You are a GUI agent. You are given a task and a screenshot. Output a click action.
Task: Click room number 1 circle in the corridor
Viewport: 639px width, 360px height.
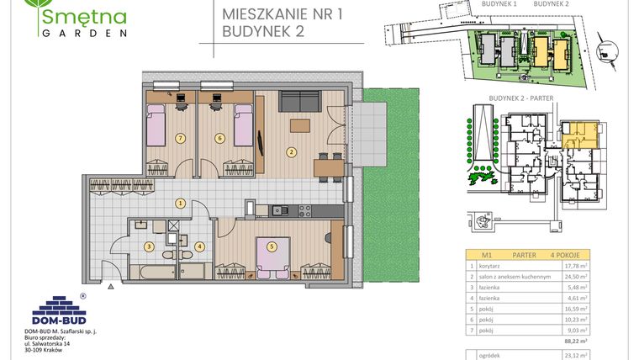pos(179,203)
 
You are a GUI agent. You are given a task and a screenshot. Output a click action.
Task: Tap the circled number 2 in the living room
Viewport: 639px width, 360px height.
pos(291,152)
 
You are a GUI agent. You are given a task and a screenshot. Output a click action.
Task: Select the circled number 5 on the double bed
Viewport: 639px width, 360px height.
pos(272,246)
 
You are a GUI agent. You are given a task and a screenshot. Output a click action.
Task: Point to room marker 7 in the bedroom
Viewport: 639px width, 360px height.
pos(179,138)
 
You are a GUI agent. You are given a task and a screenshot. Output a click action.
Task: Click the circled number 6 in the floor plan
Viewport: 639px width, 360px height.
pos(219,138)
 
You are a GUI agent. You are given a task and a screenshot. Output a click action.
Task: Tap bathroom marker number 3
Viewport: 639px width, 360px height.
pos(148,246)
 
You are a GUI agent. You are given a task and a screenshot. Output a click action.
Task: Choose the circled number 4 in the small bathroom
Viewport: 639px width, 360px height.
pos(199,246)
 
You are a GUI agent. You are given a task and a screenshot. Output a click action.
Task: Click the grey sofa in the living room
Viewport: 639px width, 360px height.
pos(298,102)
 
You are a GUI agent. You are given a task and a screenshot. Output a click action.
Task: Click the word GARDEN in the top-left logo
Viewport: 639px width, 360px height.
pos(82,34)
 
